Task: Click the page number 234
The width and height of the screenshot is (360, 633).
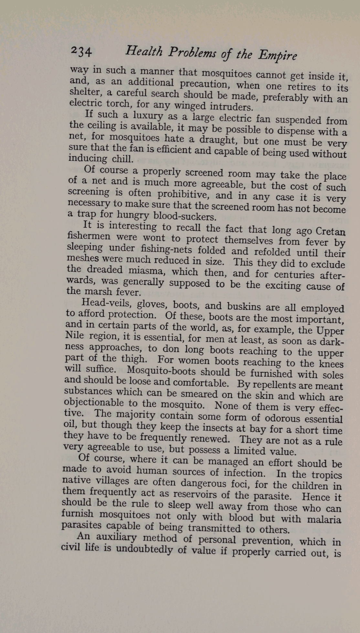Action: [81, 51]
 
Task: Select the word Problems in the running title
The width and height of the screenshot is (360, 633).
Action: [192, 52]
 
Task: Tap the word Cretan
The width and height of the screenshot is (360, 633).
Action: [330, 231]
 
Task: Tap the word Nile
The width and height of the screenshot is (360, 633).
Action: [74, 335]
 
